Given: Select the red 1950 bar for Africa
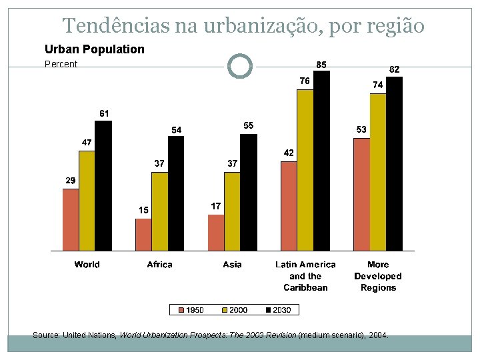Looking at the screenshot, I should pyautogui.click(x=143, y=234).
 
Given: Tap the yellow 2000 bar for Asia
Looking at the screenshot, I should pyautogui.click(x=232, y=211).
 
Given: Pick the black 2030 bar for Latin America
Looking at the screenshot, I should pyautogui.click(x=321, y=161).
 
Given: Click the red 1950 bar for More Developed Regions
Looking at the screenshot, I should pyautogui.click(x=361, y=194).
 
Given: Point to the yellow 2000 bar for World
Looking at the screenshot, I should pyautogui.click(x=87, y=201).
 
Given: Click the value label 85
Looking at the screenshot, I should pyautogui.click(x=321, y=64).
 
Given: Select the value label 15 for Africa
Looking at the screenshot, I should pyautogui.click(x=143, y=211).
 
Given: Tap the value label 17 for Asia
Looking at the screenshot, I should pyautogui.click(x=216, y=207).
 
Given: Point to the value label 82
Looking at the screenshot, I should pyautogui.click(x=394, y=69).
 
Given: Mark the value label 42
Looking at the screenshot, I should pyautogui.click(x=289, y=153).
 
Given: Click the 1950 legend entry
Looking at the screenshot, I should pyautogui.click(x=189, y=310).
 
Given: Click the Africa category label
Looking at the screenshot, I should pyautogui.click(x=159, y=265).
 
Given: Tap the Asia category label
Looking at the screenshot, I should pyautogui.click(x=232, y=265).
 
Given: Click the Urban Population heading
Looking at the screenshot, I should pyautogui.click(x=94, y=49).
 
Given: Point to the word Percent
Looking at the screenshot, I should pyautogui.click(x=61, y=65).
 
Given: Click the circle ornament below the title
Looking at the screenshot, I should pyautogui.click(x=239, y=67).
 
